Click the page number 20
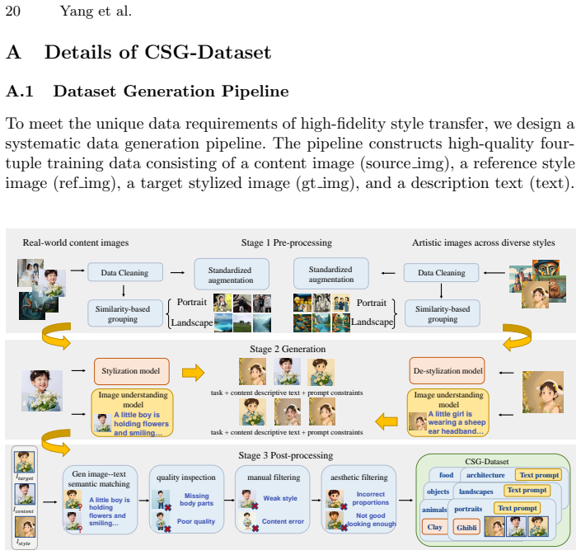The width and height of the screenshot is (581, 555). click(x=12, y=11)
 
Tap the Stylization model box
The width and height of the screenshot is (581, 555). click(x=132, y=371)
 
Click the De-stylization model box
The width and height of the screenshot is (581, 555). click(x=447, y=371)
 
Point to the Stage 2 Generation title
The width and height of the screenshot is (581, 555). click(x=288, y=349)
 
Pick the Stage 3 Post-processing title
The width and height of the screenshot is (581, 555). click(x=286, y=455)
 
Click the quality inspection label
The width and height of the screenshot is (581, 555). click(x=185, y=477)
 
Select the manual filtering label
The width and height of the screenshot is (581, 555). click(x=274, y=477)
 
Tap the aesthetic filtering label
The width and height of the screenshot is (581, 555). click(x=359, y=477)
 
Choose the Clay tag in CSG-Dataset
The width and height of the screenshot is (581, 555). click(x=434, y=527)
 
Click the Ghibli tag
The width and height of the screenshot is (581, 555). click(x=466, y=528)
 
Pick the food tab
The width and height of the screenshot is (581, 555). click(x=446, y=475)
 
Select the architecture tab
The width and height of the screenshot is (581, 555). click(x=485, y=475)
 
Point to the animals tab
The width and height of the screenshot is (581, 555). click(x=434, y=510)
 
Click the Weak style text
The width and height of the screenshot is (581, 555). click(x=280, y=498)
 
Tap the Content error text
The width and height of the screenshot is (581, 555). click(x=283, y=521)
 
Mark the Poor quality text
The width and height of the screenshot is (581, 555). click(x=195, y=521)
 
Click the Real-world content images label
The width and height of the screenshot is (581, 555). click(x=76, y=242)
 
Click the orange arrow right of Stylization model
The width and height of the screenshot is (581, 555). click(x=193, y=372)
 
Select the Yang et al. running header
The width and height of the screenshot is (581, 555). click(x=96, y=11)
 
